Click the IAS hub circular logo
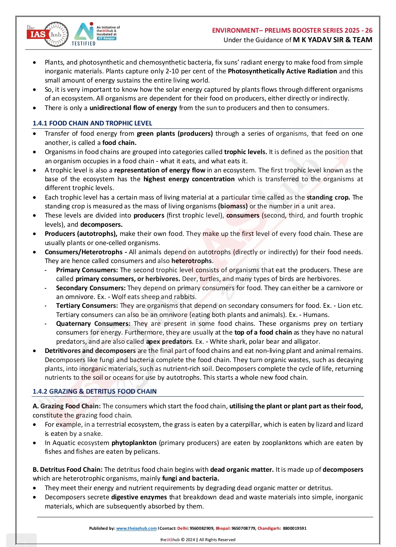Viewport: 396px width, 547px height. pos(47,34)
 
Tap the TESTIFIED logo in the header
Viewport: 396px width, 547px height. pos(84,34)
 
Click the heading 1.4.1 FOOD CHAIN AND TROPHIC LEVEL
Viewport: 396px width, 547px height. pos(92,123)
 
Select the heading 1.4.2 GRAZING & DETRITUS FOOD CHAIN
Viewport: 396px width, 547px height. pos(94,391)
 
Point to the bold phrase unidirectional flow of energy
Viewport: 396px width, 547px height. pos(133,108)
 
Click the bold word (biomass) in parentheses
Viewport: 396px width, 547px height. pos(233,206)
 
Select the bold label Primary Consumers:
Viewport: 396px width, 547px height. pos(87,270)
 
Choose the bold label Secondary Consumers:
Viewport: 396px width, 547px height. pos(91,288)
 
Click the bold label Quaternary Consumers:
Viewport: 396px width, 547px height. pos(93,324)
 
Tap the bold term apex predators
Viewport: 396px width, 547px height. pos(169,342)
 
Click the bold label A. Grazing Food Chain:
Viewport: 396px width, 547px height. pos(66,406)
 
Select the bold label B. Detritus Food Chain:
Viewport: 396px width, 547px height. pos(68,470)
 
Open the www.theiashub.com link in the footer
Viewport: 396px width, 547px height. pos(136,528)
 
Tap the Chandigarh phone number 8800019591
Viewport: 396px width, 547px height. pos(294,528)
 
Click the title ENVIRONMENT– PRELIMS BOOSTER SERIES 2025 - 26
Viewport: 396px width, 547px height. pos(292,30)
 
